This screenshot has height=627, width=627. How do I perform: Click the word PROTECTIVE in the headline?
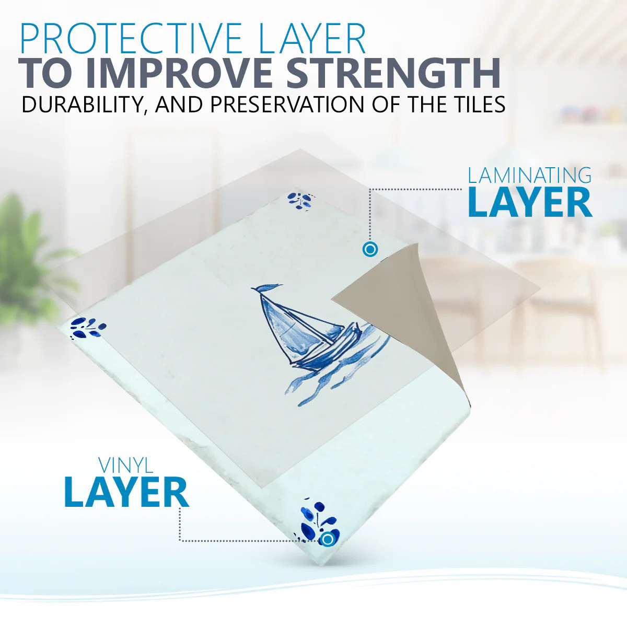(131, 38)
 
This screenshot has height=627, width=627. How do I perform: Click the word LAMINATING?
(530, 176)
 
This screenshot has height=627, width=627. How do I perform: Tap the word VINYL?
(125, 466)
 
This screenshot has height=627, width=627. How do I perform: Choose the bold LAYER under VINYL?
(126, 492)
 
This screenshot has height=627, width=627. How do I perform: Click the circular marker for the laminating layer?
(370, 250)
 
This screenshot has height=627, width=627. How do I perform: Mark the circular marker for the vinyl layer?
(328, 539)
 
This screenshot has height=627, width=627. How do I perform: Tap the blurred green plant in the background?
(29, 260)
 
